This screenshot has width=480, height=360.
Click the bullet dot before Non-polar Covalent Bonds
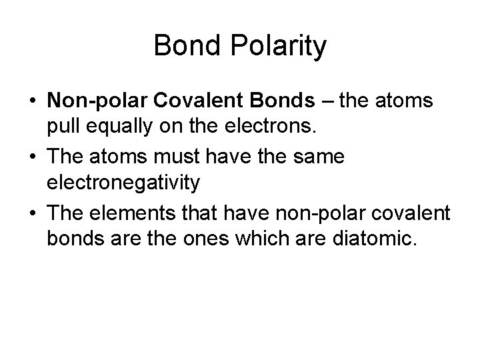[33, 101]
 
